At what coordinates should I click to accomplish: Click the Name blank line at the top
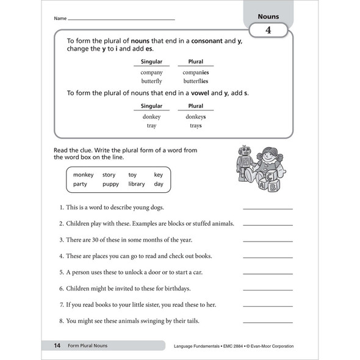(x=121, y=20)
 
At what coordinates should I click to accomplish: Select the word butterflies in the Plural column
(x=196, y=81)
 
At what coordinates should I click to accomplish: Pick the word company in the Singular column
(x=151, y=72)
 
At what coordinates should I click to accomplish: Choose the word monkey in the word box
(x=84, y=175)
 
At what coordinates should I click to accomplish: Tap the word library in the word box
(x=137, y=184)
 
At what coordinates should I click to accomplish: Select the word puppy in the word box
(x=110, y=184)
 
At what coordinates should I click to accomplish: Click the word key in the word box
(x=159, y=175)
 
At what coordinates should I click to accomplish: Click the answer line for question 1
(x=267, y=208)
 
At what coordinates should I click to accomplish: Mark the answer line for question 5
(x=267, y=273)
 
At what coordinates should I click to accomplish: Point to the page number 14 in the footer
(x=57, y=346)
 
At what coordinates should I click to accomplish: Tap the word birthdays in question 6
(x=175, y=288)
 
